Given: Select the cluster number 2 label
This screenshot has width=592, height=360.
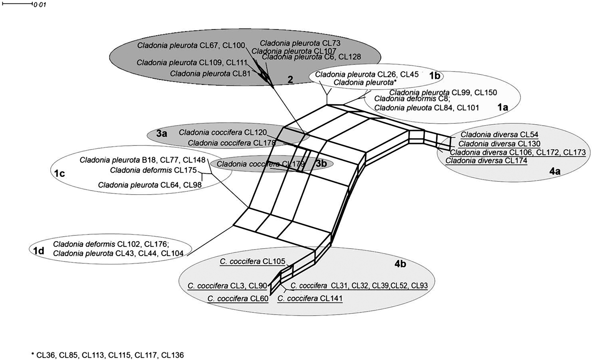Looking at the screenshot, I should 290,79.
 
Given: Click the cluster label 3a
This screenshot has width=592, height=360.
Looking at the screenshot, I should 162,133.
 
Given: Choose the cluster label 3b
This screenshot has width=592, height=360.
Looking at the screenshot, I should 321,163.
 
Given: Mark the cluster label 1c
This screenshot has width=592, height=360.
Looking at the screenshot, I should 59,173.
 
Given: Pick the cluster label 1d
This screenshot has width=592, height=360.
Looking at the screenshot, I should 38,251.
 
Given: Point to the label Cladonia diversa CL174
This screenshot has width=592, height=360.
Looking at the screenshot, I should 486,161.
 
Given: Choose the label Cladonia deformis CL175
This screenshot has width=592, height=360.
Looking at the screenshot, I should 153,170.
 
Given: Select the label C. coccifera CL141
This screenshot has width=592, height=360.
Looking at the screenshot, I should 310,298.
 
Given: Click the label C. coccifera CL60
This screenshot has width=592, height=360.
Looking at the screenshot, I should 238,298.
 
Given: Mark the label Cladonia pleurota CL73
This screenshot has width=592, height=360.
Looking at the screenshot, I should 300,43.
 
